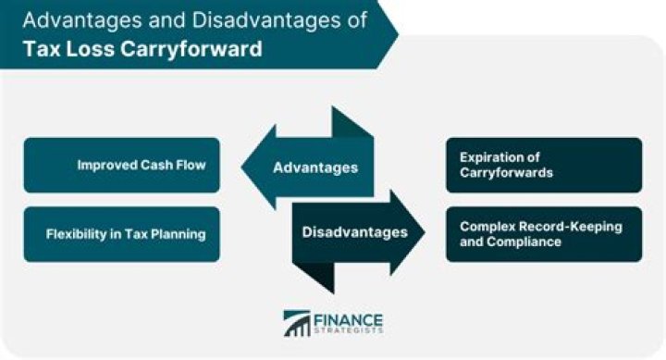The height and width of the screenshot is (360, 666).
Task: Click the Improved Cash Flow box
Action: click(122, 166)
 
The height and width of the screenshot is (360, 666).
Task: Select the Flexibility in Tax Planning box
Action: click(122, 233)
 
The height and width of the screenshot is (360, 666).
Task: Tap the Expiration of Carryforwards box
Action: click(544, 166)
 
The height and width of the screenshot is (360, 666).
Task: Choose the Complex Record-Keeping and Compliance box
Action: click(544, 233)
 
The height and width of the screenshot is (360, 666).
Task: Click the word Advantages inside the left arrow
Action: click(314, 168)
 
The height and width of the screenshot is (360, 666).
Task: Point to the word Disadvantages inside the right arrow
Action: click(354, 232)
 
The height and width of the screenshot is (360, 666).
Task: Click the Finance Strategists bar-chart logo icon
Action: click(298, 323)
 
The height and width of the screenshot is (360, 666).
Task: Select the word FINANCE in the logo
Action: click(350, 317)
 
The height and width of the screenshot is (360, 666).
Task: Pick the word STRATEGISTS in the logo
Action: click(350, 331)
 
